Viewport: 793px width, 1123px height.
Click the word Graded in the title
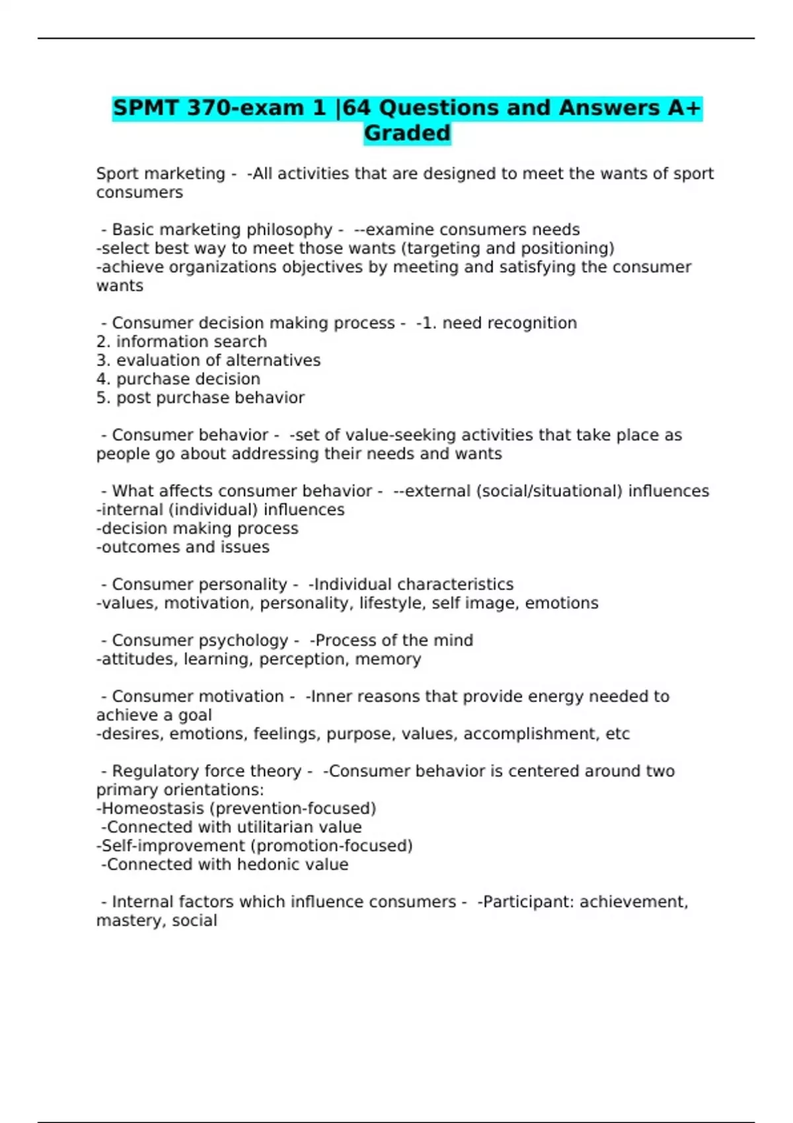point(407,133)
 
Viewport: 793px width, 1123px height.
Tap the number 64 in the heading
point(356,108)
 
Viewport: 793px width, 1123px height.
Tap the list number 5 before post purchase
point(102,398)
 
